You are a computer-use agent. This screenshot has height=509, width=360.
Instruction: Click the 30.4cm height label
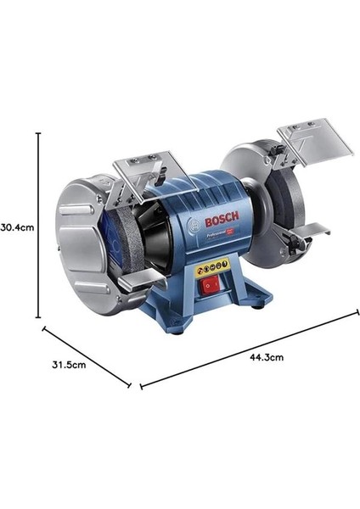coord(16,227)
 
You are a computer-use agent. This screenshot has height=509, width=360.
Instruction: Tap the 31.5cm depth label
coord(68,365)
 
